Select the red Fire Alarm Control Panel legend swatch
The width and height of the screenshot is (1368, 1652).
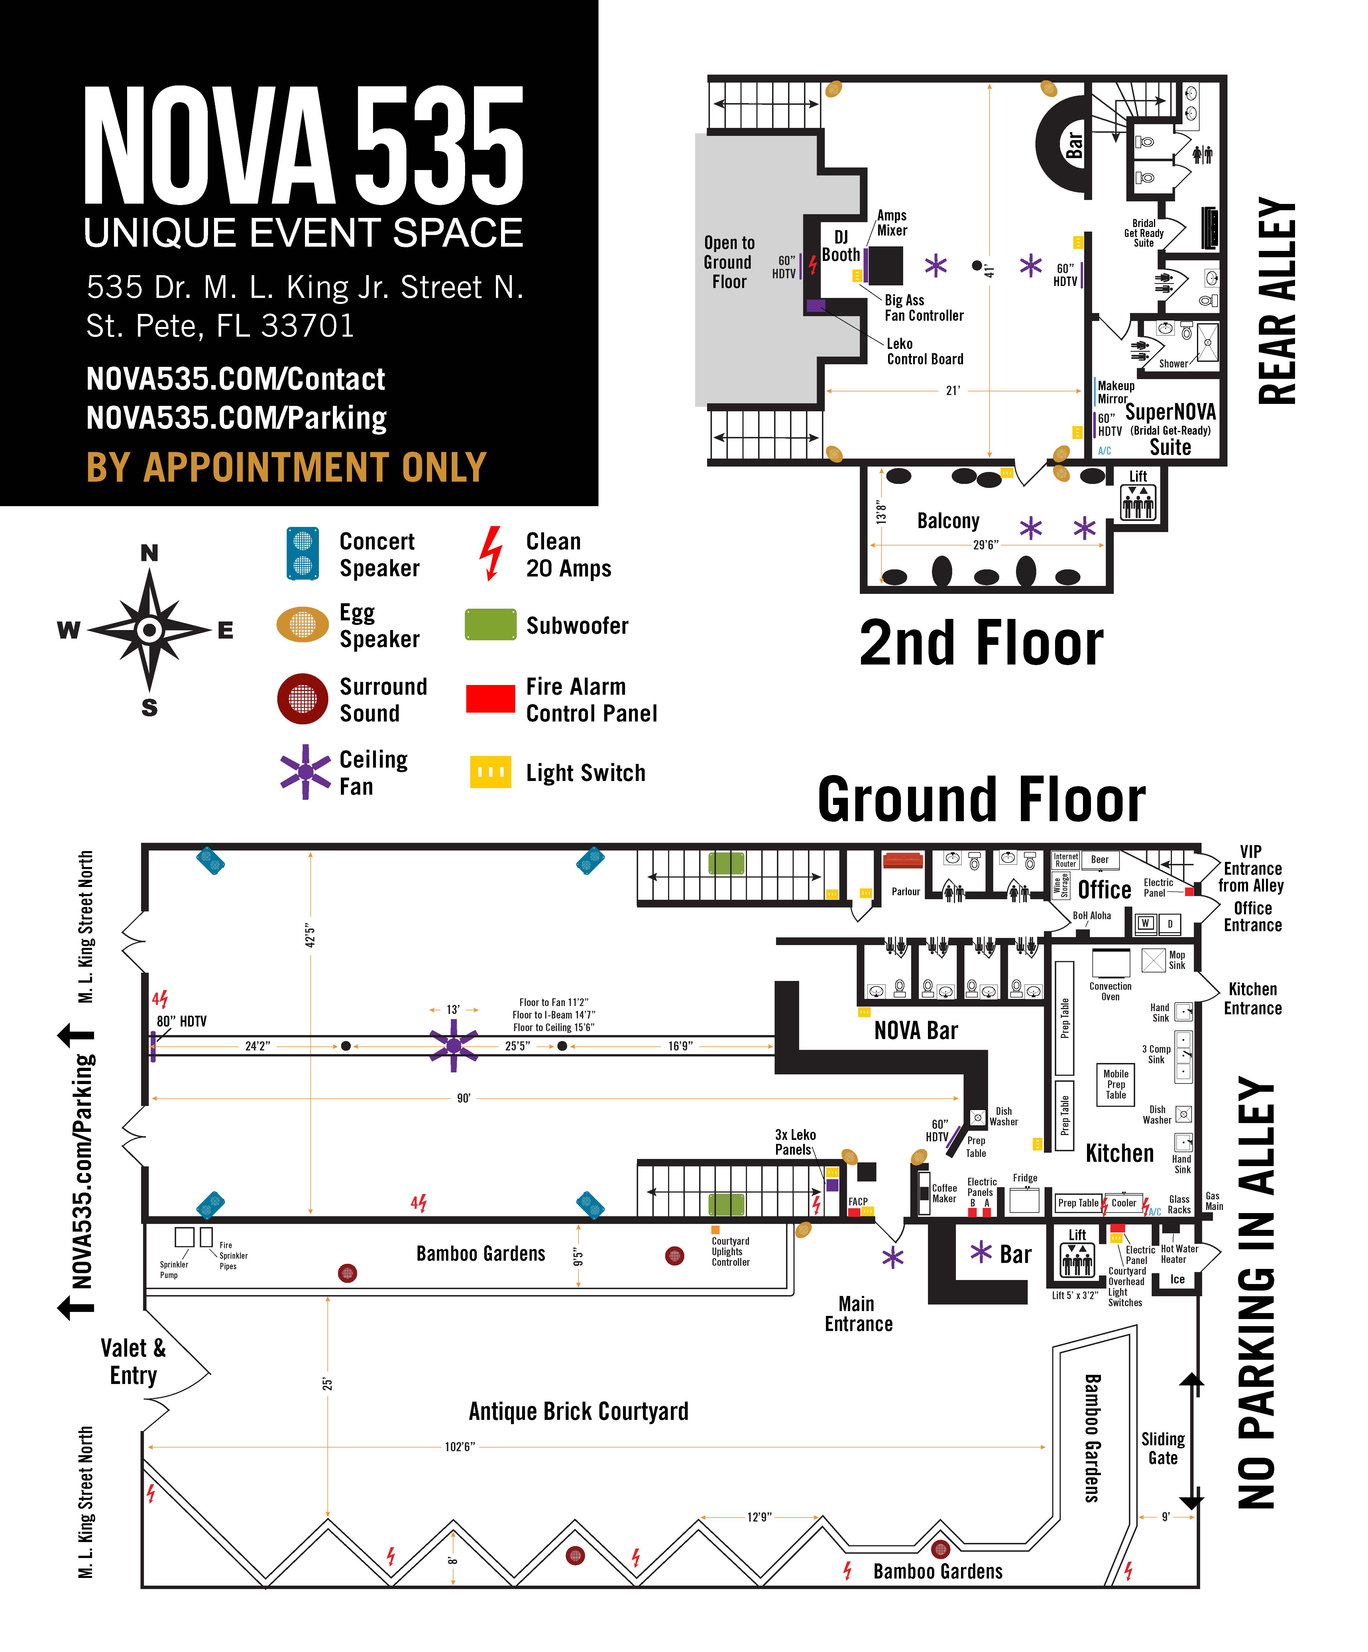tap(490, 699)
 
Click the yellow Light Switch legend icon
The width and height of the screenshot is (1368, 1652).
tap(490, 772)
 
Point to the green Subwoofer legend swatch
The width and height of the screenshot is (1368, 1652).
tap(490, 625)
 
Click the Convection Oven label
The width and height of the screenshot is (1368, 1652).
tap(1110, 991)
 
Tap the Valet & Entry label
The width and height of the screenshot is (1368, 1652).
tap(133, 1362)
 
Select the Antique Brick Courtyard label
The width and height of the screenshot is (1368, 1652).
tap(579, 1411)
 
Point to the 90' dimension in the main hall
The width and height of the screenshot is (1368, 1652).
tap(464, 1098)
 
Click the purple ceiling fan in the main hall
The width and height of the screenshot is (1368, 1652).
tap(453, 1046)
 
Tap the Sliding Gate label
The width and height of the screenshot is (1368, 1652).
tap(1163, 1448)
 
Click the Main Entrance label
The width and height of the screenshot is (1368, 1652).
tap(858, 1314)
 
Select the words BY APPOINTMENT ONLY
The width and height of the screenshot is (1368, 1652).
tap(286, 467)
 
